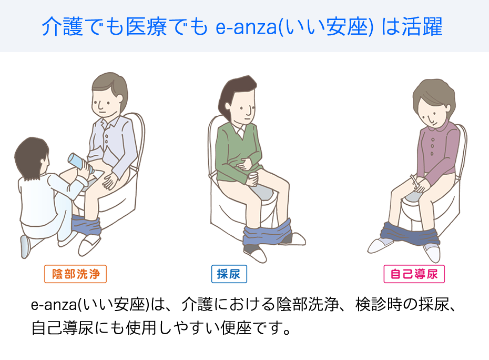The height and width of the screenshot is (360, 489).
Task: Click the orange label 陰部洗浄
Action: click(76, 274)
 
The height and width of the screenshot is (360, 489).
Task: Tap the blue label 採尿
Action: click(229, 274)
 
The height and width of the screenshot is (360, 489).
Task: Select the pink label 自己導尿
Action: click(414, 274)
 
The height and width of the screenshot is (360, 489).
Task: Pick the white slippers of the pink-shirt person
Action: click(405, 249)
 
